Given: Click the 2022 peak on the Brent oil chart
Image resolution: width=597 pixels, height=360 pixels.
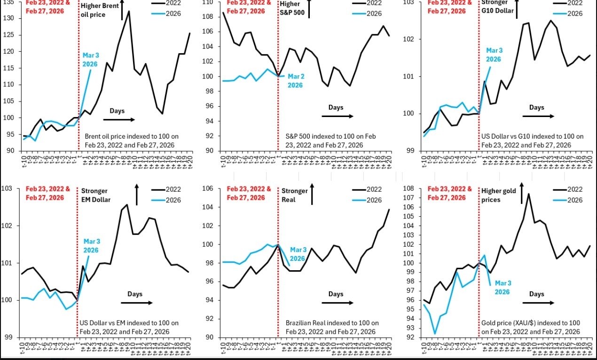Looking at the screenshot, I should [129, 11].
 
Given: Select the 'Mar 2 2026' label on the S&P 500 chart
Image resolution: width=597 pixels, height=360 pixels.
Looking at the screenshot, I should [295, 81].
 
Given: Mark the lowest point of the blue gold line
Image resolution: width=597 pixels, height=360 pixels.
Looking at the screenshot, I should [435, 334].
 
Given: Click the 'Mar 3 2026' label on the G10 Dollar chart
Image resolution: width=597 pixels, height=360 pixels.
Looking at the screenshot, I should [494, 55].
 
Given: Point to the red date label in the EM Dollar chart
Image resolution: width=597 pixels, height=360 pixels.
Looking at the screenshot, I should [47, 193].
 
